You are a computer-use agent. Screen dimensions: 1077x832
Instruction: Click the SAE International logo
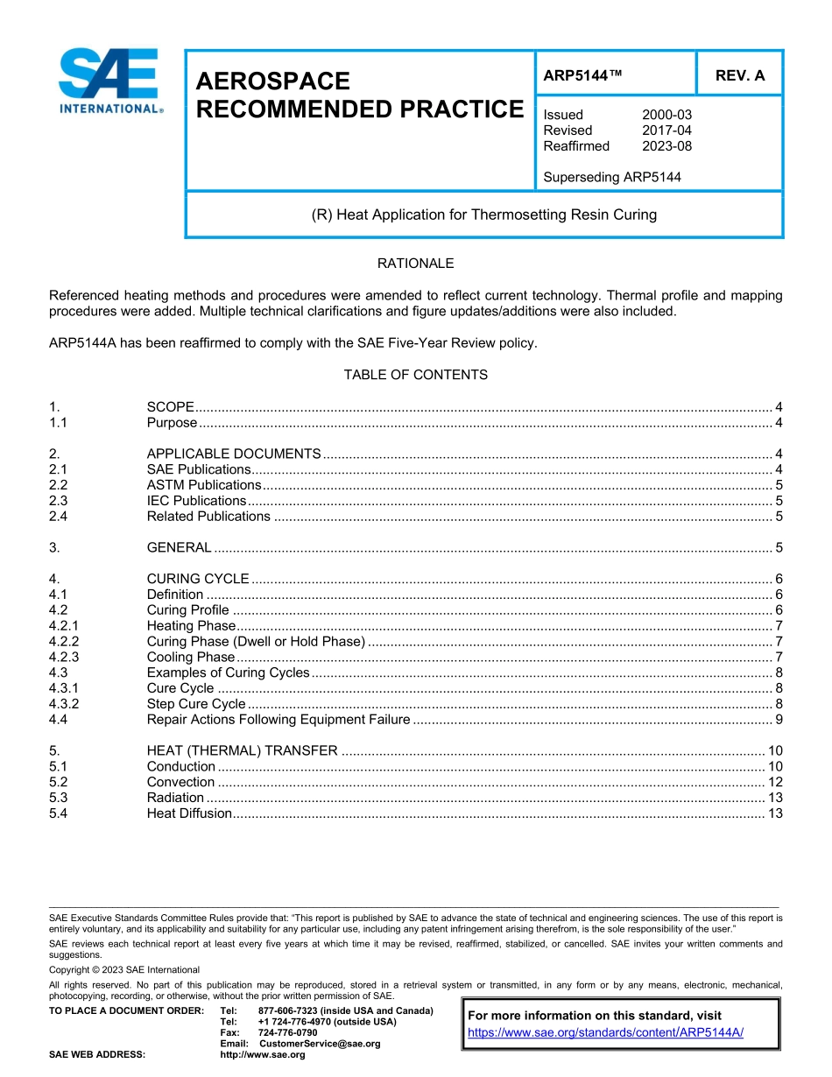click(109, 81)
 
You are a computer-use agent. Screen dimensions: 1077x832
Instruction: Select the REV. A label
click(739, 75)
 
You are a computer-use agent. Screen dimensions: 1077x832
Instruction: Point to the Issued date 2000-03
click(666, 115)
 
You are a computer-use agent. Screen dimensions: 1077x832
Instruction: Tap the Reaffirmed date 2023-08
click(666, 146)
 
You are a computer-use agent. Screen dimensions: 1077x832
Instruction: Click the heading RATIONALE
click(415, 263)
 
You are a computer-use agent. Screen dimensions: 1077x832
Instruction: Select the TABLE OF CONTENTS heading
click(415, 375)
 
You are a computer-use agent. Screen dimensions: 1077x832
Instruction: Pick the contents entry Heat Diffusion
click(189, 813)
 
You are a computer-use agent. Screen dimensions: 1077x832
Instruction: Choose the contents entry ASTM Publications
click(204, 485)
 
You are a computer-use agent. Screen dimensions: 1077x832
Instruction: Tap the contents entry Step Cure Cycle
click(196, 704)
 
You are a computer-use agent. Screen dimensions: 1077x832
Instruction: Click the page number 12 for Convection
click(774, 782)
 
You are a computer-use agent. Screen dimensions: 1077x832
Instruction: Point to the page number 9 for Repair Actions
click(779, 720)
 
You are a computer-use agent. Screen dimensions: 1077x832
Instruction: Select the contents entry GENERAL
click(179, 548)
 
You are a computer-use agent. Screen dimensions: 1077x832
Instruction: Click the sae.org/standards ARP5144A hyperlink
click(605, 1032)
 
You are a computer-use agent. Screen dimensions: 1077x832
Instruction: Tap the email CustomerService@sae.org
click(320, 1044)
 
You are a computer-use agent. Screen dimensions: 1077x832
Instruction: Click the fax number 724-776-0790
click(287, 1032)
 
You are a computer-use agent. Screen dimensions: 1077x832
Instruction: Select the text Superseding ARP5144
click(611, 177)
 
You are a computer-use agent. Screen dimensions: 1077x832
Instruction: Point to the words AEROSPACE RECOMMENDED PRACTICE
click(358, 95)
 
